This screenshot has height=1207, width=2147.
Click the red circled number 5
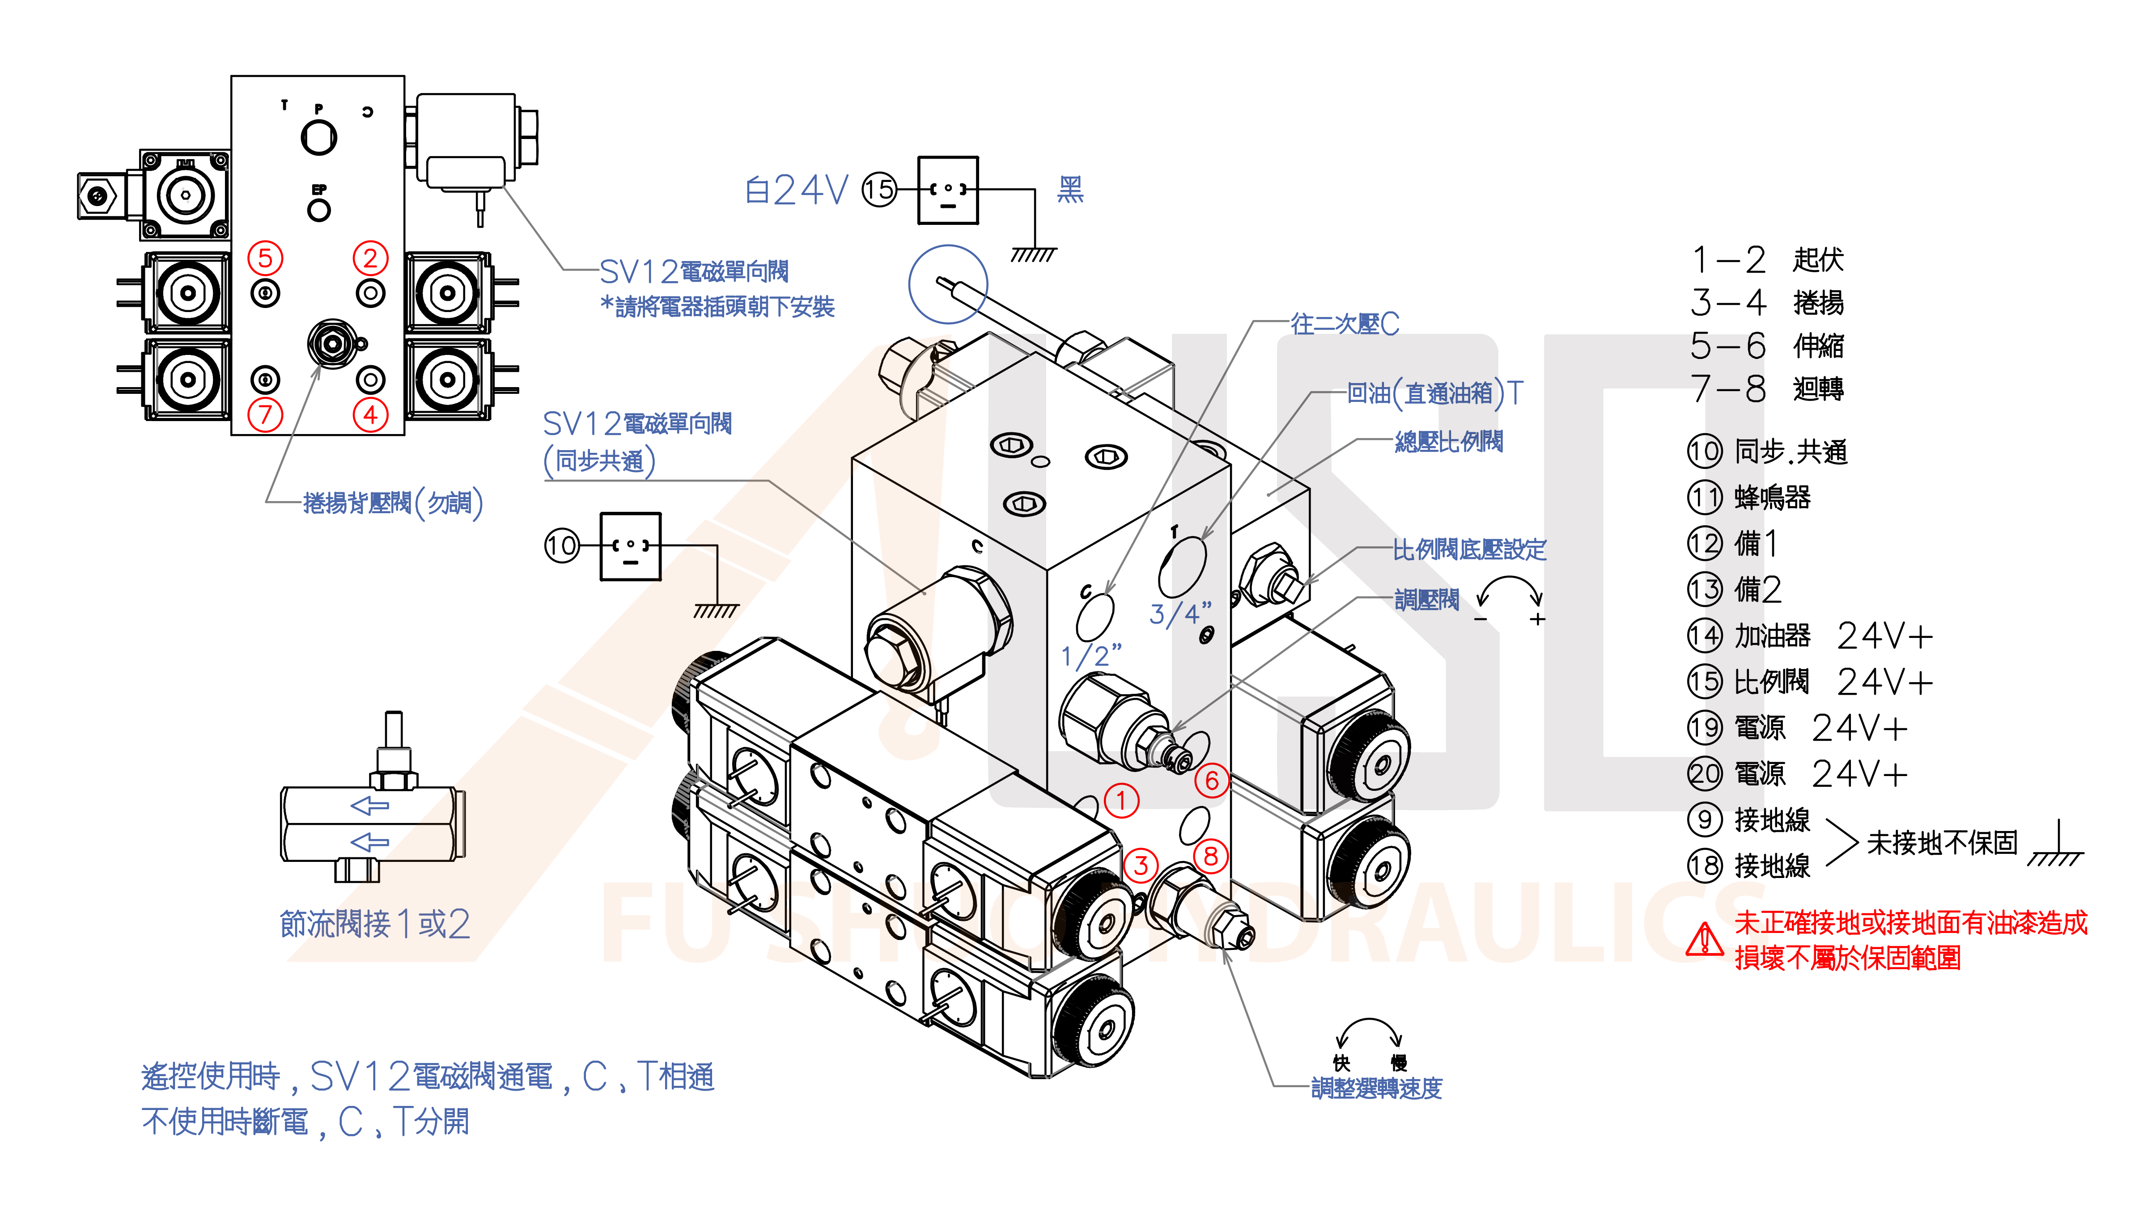(x=265, y=258)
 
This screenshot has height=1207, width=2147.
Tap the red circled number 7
(x=265, y=414)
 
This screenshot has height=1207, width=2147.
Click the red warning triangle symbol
(x=1705, y=940)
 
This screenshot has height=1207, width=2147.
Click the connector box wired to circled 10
(x=630, y=546)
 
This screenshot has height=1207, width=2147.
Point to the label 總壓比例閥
(x=1449, y=442)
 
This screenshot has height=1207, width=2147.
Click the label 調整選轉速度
(x=1376, y=1088)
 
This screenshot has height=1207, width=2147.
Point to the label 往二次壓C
(x=1345, y=324)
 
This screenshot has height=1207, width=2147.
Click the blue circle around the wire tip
(x=948, y=284)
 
